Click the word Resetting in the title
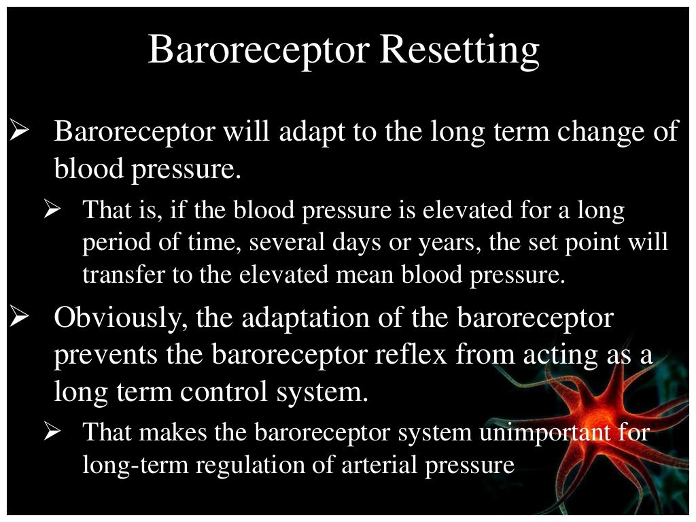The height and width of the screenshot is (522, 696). (459, 50)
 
